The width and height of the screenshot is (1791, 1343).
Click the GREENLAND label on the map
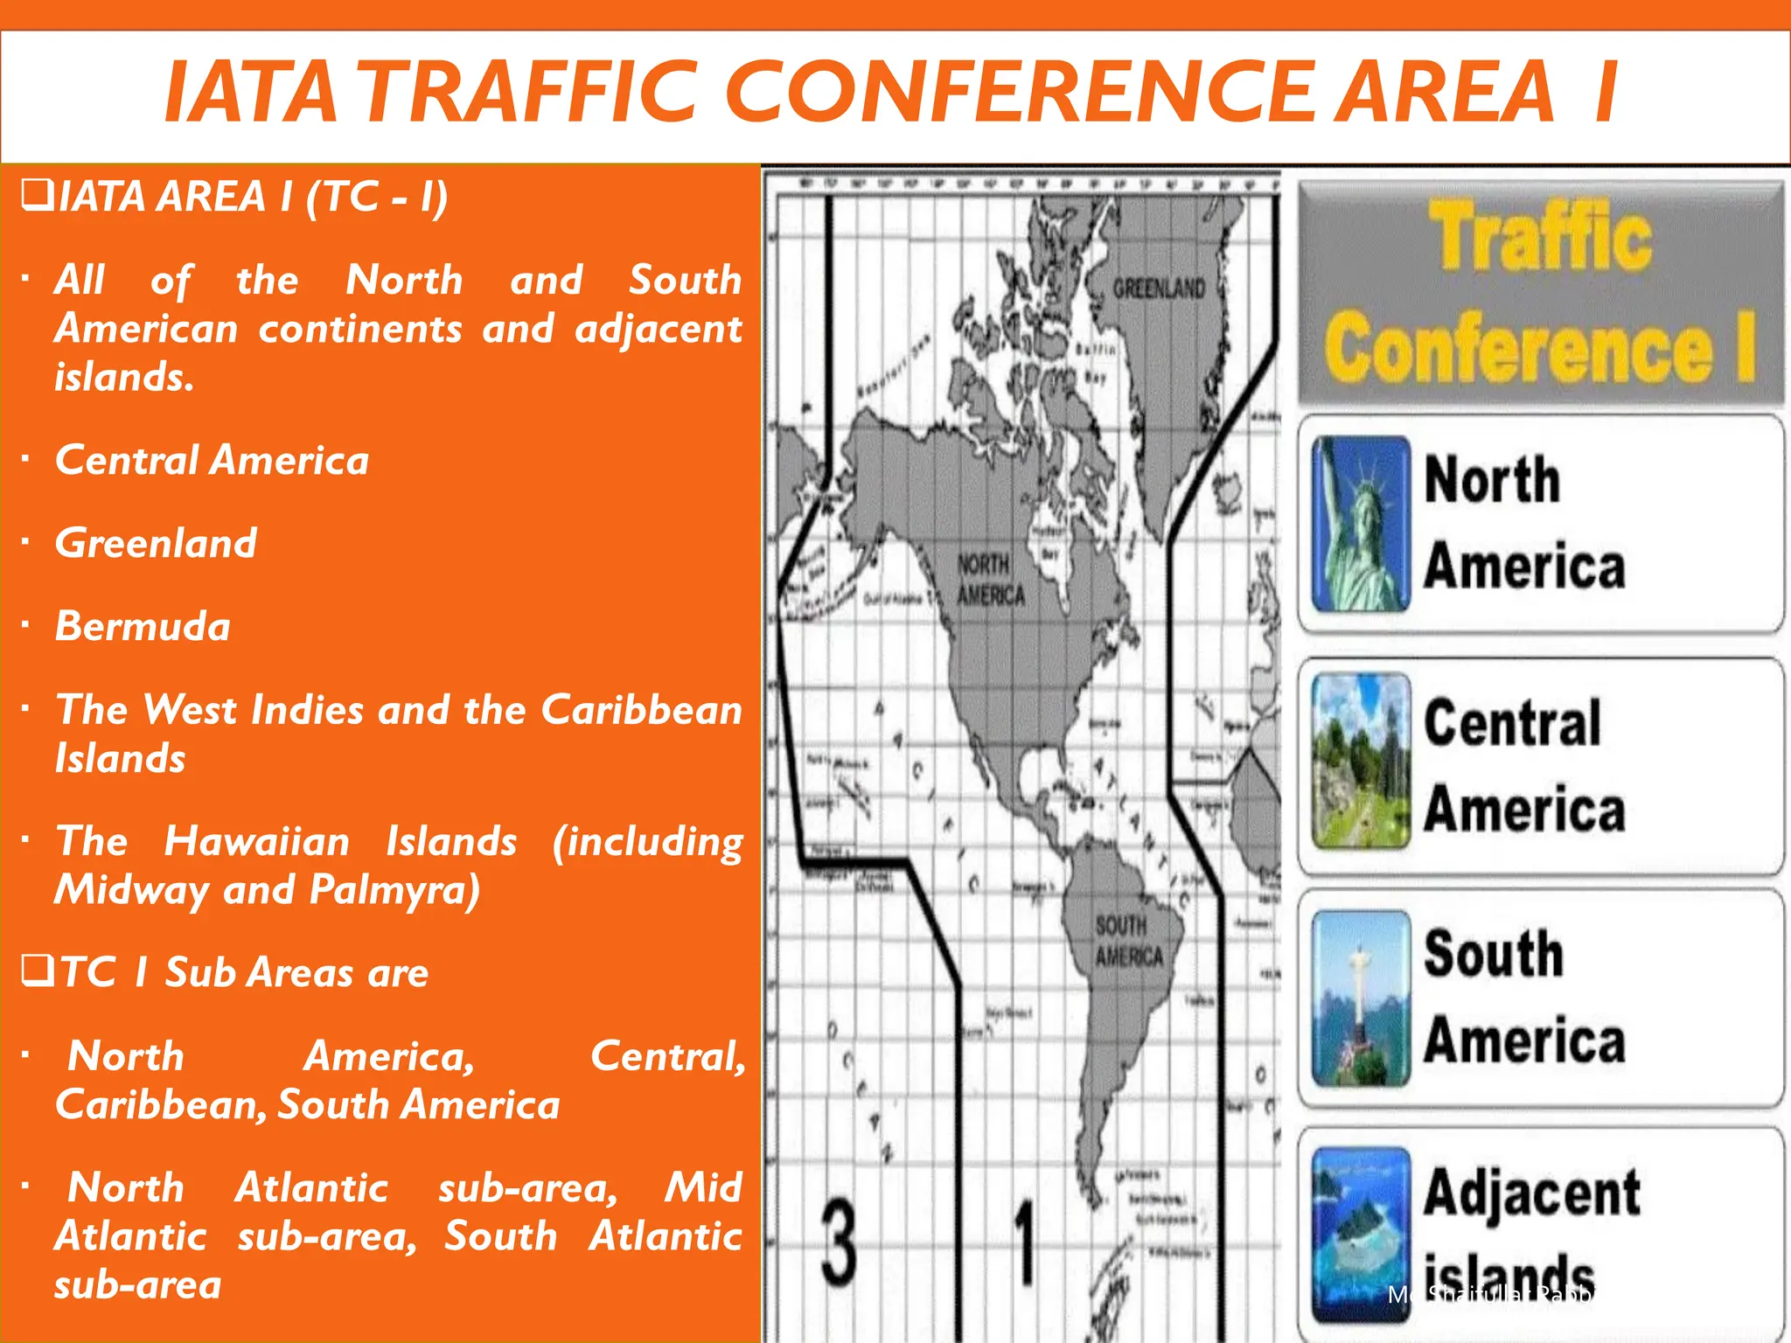(1159, 289)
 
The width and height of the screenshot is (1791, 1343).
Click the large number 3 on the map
(839, 1242)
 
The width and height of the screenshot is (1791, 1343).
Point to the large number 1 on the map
(1025, 1242)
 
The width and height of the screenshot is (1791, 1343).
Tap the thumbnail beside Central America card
(1361, 761)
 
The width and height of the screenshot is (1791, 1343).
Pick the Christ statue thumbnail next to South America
(1361, 998)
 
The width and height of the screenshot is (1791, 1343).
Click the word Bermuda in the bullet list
(143, 626)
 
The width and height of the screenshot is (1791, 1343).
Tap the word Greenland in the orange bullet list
(156, 543)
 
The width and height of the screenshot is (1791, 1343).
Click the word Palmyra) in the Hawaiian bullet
(394, 890)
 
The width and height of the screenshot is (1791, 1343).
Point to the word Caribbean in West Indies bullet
(641, 709)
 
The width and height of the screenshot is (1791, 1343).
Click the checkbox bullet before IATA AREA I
(37, 194)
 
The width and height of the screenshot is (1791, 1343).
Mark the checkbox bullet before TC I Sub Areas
(38, 971)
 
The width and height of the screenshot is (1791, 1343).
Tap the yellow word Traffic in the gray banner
(1541, 236)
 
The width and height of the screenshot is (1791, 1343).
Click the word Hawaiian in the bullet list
(257, 841)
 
